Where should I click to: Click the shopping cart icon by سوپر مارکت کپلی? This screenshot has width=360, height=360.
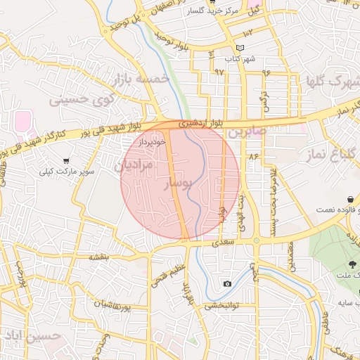pos(65,161)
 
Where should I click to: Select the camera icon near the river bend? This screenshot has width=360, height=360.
pos(226,283)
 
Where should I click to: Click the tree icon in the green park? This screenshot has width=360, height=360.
pos(351,264)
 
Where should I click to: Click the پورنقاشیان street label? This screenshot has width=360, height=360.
pos(112,306)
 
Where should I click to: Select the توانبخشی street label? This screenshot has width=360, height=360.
pos(223,306)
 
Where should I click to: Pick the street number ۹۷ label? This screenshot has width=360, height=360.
pos(219,72)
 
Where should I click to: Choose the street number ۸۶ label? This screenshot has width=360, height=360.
pos(253,155)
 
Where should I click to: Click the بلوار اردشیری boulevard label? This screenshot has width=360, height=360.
pos(202,122)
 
